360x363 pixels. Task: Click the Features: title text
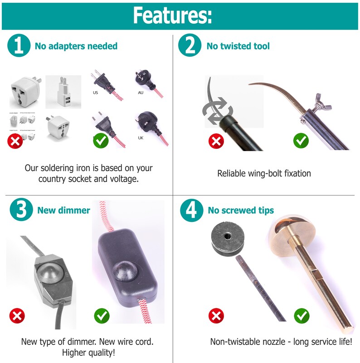pyautogui.click(x=172, y=15)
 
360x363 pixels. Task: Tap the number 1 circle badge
pyautogui.click(x=19, y=46)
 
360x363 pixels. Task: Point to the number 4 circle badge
pyautogui.click(x=191, y=210)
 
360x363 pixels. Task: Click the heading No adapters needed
pyautogui.click(x=76, y=46)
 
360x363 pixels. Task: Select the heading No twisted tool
pyautogui.click(x=238, y=46)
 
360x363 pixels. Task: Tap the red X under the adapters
pyautogui.click(x=16, y=141)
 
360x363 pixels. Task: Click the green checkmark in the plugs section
pyautogui.click(x=101, y=140)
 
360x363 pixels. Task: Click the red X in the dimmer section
pyautogui.click(x=18, y=315)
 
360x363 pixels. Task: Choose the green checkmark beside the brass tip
pyautogui.click(x=301, y=315)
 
